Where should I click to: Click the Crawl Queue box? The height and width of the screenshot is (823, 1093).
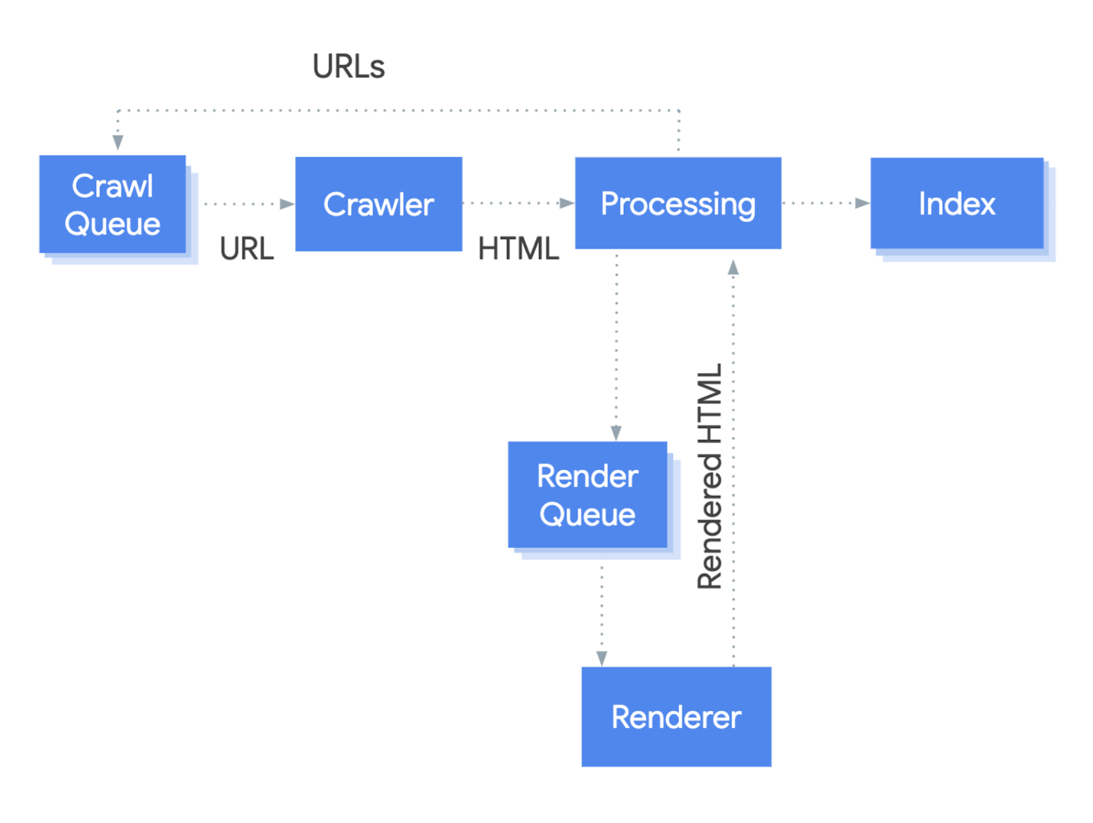point(113,204)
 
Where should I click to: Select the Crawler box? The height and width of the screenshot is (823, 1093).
point(378,204)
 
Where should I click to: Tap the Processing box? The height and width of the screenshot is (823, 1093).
point(678,204)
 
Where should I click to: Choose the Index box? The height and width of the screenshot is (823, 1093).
point(956,204)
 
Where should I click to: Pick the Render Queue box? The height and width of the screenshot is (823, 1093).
point(587,494)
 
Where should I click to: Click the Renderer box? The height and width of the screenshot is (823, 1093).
point(676,716)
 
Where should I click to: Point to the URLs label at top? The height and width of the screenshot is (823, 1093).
point(348,67)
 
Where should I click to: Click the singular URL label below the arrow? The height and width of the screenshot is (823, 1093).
point(247,249)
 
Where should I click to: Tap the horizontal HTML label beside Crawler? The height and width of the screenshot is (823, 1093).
point(518,249)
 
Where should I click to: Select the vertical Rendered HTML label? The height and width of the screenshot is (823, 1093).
point(710,476)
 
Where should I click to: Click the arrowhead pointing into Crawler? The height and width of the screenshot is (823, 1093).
point(288,204)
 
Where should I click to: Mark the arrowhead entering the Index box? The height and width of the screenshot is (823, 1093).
point(863,203)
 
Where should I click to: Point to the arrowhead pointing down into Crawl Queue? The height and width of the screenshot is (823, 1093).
point(118,142)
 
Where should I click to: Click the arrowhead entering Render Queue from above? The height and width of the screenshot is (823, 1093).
point(616,433)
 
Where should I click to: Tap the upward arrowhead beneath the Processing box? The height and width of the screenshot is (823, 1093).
point(733,267)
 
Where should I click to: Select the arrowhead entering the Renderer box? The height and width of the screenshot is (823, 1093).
point(602,658)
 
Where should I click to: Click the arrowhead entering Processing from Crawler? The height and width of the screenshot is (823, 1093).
point(567,203)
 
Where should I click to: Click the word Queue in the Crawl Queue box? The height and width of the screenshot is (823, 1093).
point(113,224)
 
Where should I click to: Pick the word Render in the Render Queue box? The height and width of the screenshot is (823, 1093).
point(587,476)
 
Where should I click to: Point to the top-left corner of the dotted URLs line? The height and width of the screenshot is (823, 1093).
point(119,110)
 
